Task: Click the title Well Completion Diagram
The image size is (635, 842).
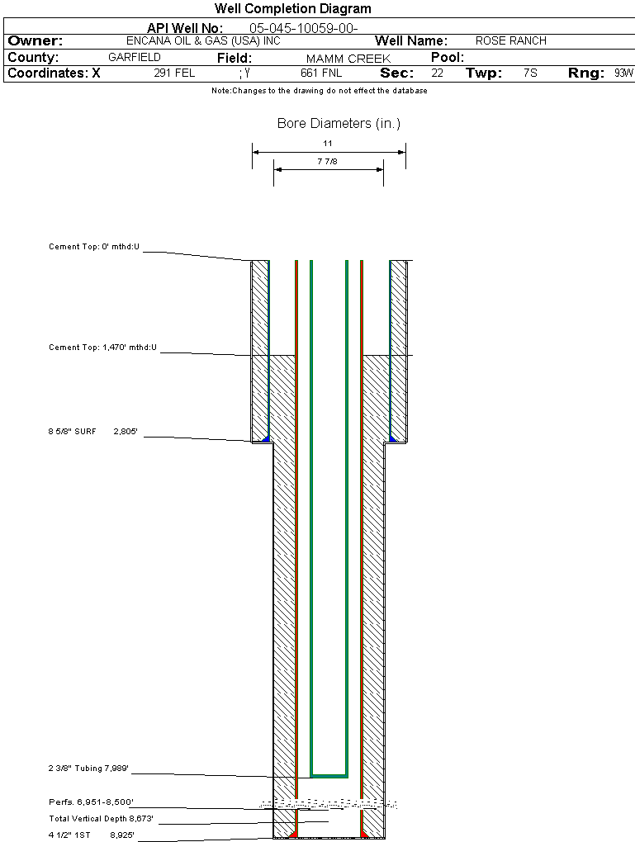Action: click(x=292, y=9)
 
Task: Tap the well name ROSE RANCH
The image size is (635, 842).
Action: click(x=510, y=40)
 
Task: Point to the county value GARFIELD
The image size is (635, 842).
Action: click(x=135, y=58)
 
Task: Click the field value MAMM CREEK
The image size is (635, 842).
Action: click(x=348, y=59)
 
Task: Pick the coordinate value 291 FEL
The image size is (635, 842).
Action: click(x=174, y=73)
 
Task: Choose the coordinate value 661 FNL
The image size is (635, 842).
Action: click(x=321, y=73)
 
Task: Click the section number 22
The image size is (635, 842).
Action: click(x=437, y=73)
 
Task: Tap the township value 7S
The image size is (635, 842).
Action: click(x=530, y=73)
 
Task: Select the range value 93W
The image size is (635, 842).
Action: click(x=623, y=73)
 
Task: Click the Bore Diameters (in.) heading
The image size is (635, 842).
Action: click(x=339, y=124)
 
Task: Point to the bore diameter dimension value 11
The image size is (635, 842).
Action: click(x=328, y=144)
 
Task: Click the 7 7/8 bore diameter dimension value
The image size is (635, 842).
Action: click(x=328, y=162)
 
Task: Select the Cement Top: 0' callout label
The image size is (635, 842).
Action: click(x=94, y=247)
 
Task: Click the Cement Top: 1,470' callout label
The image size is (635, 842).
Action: click(x=102, y=348)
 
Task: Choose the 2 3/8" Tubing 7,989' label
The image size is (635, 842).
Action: click(x=88, y=769)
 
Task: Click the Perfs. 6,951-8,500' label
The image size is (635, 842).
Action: click(x=91, y=802)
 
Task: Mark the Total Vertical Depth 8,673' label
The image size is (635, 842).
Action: click(x=101, y=819)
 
